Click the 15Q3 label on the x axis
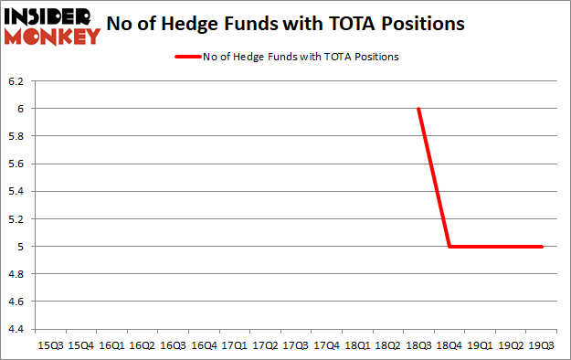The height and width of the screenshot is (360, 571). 49,345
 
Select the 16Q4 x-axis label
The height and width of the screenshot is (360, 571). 203,345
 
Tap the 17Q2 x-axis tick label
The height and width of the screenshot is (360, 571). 265,345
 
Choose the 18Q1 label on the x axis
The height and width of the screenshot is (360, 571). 357,345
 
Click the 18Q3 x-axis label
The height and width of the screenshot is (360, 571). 419,345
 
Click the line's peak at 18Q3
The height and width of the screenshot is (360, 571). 419,109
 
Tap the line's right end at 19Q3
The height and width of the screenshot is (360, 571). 543,246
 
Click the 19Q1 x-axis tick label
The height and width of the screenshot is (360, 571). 481,345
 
